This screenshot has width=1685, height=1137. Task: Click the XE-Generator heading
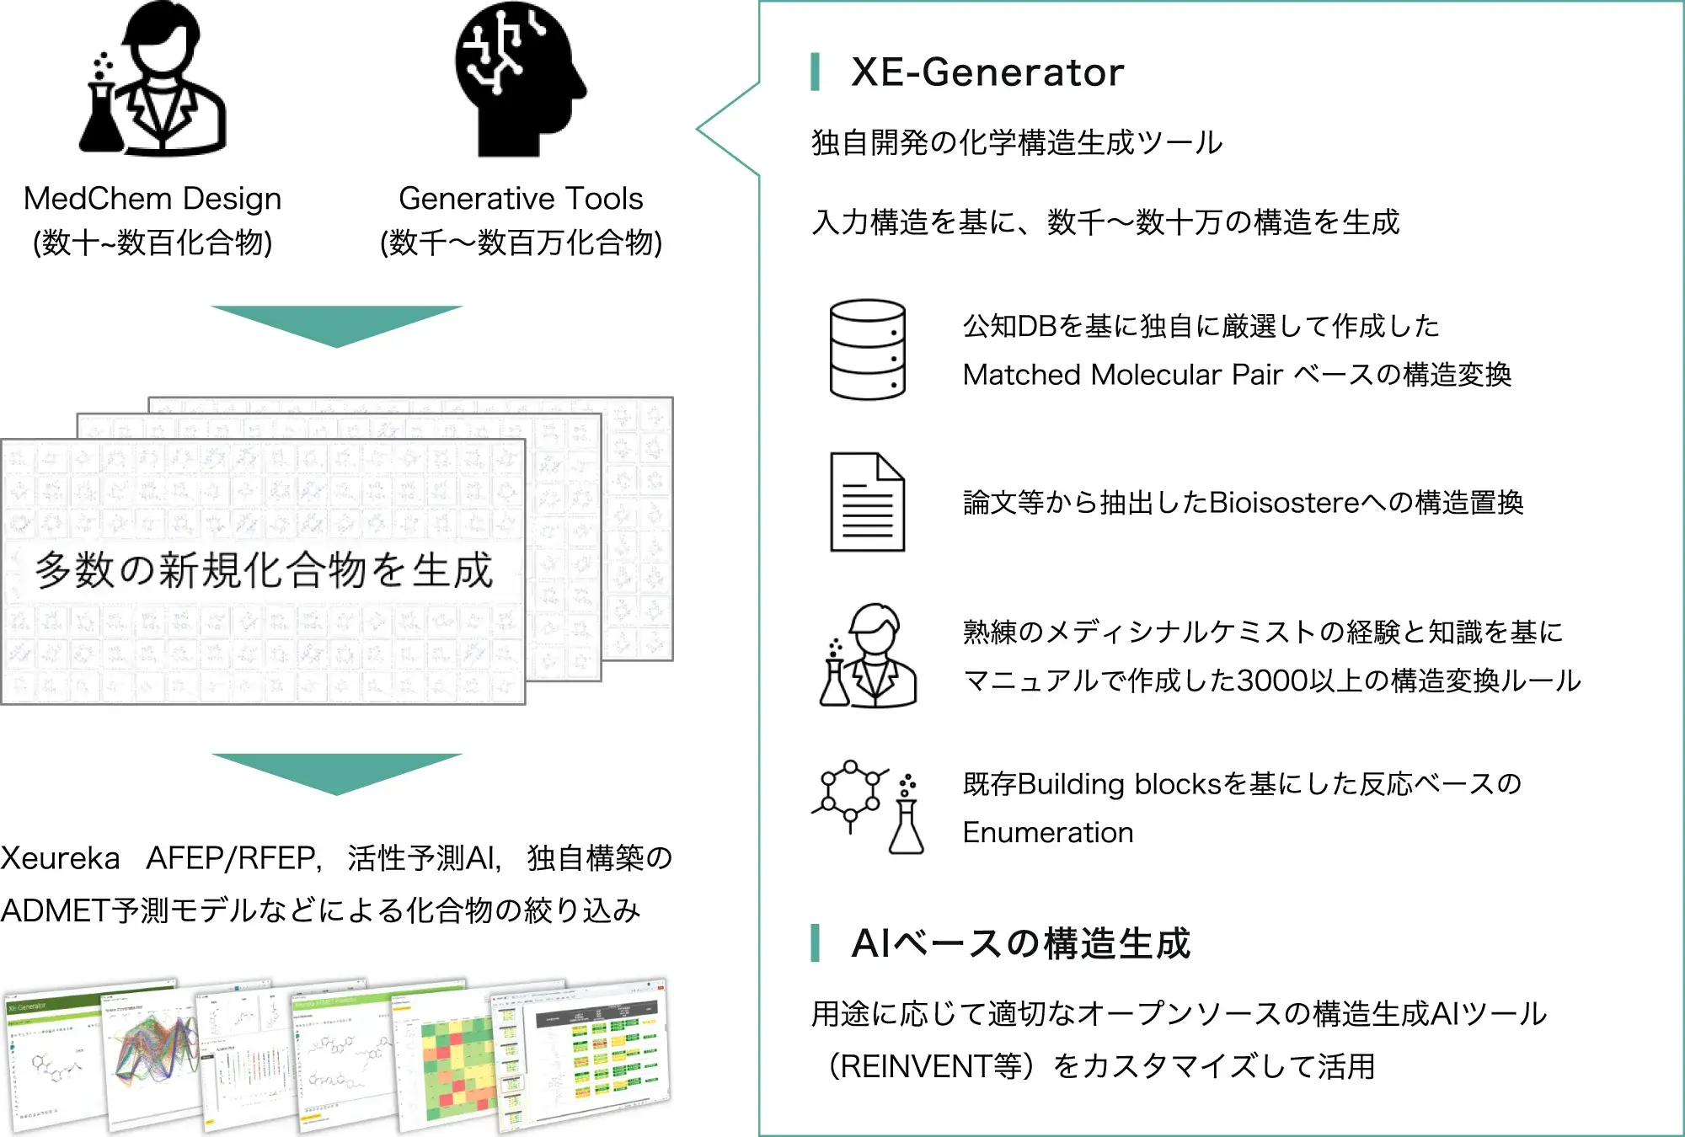coord(987,72)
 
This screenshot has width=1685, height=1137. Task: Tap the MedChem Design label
coord(152,199)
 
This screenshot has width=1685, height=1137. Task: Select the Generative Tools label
coord(521,199)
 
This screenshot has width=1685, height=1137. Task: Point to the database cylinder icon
coord(867,349)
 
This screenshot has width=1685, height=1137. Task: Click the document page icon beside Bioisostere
coord(867,502)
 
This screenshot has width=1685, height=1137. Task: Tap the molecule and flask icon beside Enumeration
coord(868,807)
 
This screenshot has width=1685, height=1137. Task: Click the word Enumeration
coord(1048,833)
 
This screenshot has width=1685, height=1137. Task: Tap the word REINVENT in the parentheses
coord(916,1067)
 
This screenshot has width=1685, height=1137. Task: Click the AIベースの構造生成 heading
coord(1020,943)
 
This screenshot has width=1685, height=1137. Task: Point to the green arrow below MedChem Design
coord(336,324)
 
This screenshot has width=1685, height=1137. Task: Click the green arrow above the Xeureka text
coord(336,771)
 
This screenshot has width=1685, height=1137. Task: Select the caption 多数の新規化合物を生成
coord(264,570)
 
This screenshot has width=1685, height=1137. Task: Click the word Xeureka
coord(61,858)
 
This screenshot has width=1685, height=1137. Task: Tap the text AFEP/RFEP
coord(233,858)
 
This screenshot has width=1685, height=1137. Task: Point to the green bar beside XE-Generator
coord(815,72)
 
